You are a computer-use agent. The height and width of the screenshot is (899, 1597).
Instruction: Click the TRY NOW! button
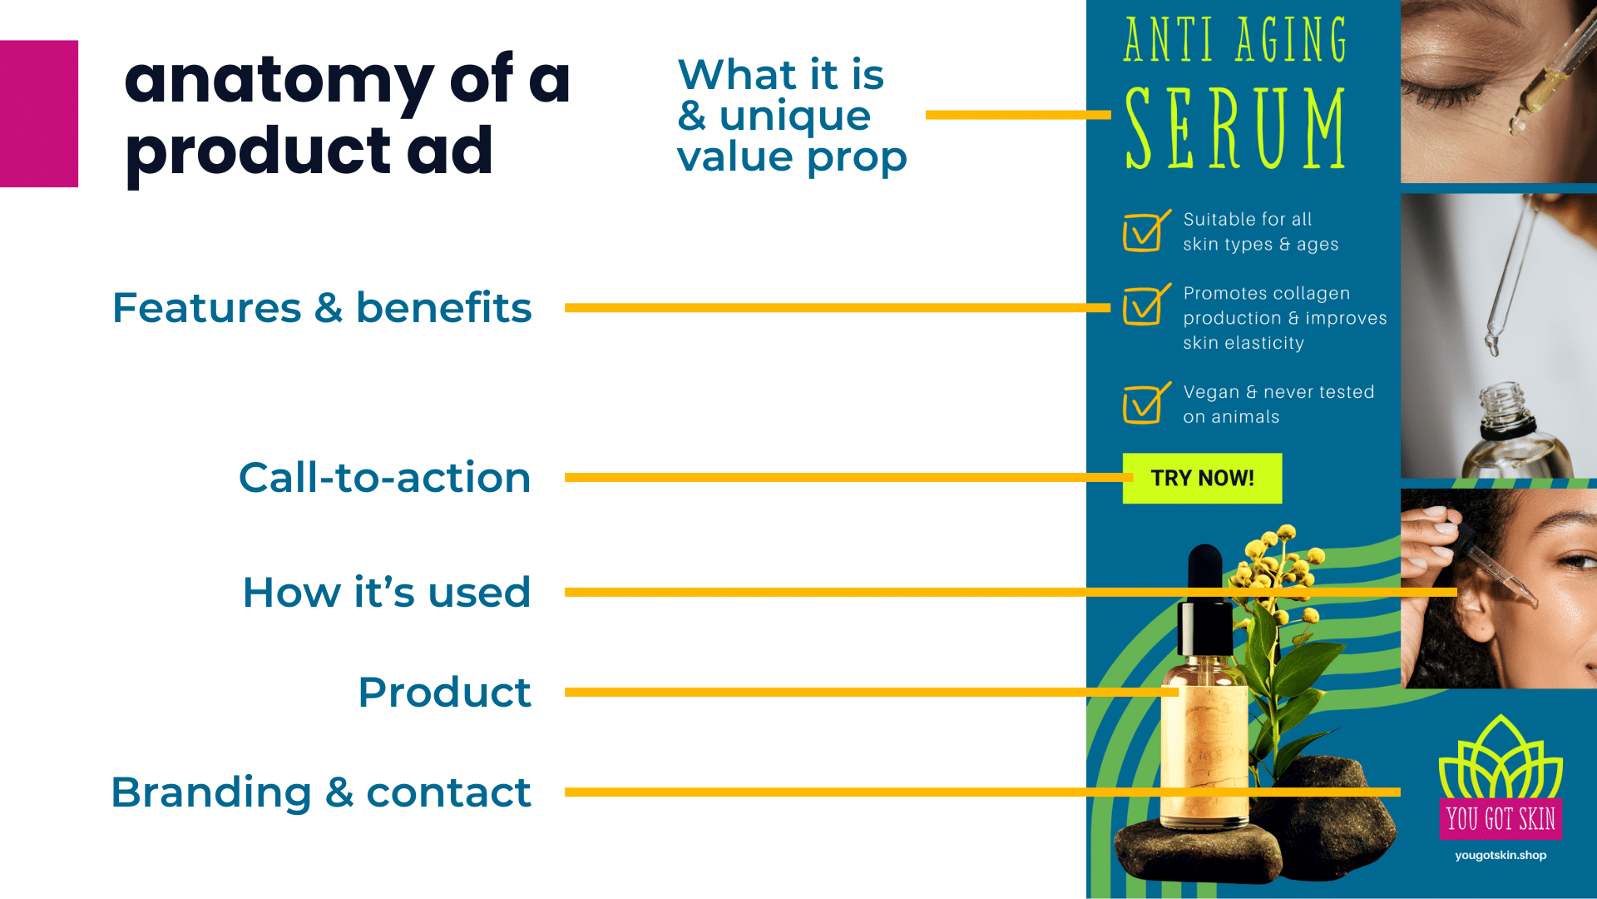coord(1202,479)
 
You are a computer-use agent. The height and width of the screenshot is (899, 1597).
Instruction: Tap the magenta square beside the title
coord(39,114)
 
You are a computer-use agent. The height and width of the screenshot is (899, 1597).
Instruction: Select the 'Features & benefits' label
coord(322,308)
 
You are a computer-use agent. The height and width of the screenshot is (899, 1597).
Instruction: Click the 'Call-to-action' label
coord(384,478)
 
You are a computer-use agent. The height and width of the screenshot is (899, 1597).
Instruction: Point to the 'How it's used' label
coord(386,593)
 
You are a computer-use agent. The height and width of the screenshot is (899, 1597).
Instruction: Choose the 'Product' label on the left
coord(444,693)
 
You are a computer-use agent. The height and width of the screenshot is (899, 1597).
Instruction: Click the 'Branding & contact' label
coord(321,792)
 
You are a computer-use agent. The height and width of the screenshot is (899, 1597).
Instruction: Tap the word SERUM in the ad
coord(1235,129)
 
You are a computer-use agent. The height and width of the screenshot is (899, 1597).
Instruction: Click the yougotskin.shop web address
coord(1501,855)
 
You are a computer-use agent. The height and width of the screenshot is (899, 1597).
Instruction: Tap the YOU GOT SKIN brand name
coord(1501,819)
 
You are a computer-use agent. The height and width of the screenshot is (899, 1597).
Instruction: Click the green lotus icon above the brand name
coord(1501,757)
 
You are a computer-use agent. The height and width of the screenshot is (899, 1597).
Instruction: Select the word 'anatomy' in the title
coord(279,82)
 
